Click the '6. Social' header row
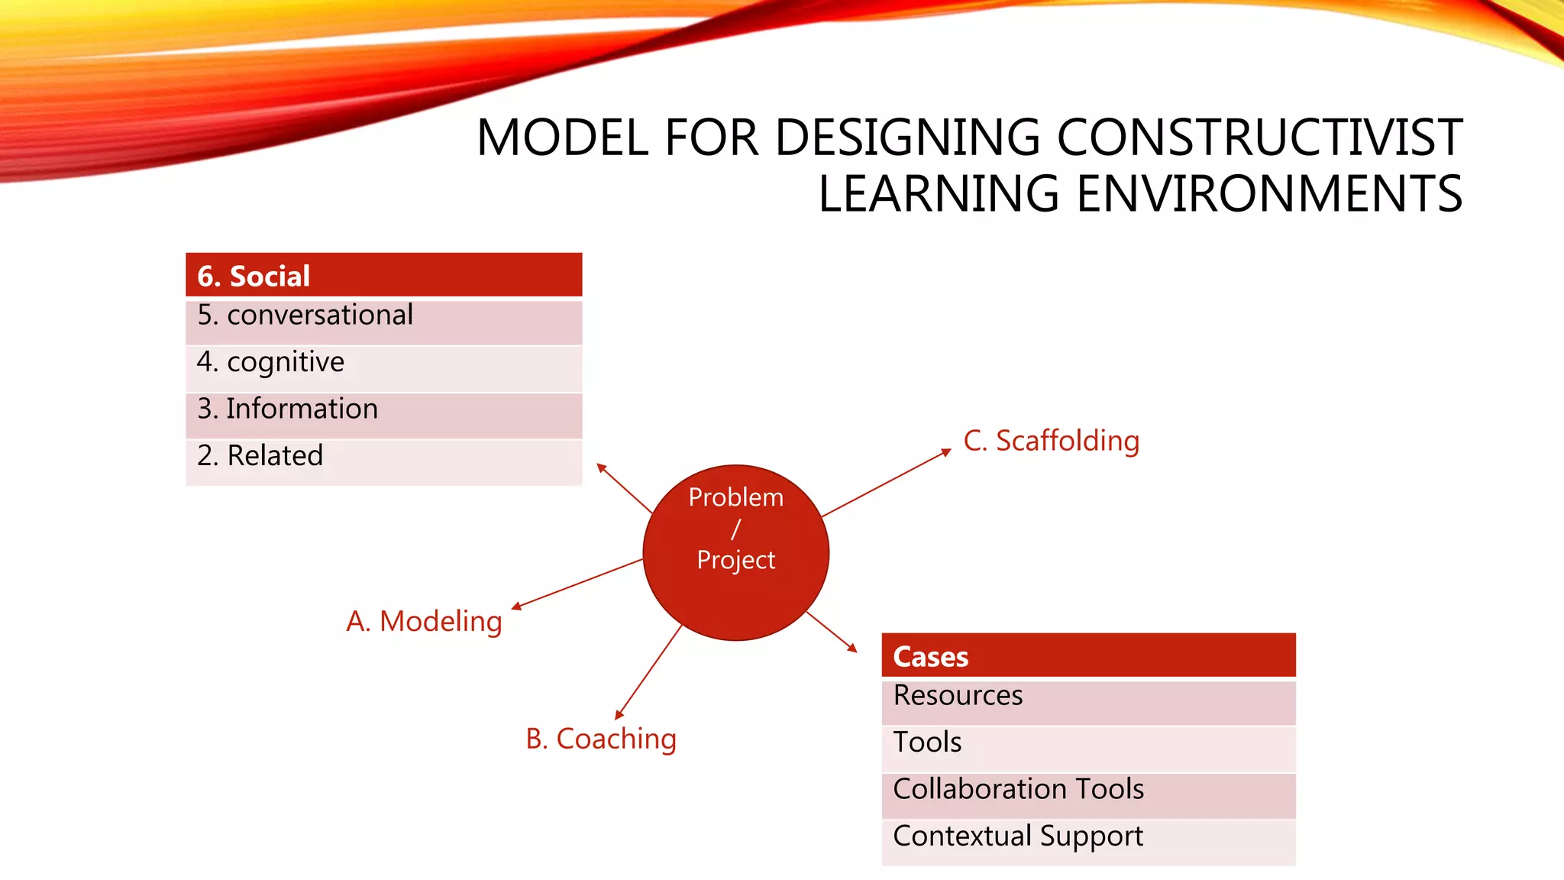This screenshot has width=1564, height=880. (x=383, y=275)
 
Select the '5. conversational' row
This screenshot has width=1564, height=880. (x=383, y=321)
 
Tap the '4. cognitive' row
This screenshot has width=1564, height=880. (x=383, y=367)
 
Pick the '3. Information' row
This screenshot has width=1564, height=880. (x=383, y=414)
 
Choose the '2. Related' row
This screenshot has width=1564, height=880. (x=383, y=461)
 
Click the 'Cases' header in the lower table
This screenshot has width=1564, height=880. (x=1088, y=655)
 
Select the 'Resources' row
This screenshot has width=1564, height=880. (x=1088, y=701)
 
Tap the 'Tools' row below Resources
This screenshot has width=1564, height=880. (x=1088, y=748)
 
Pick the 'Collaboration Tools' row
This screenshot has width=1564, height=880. (x=1088, y=794)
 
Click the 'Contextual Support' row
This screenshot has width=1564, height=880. (x=1088, y=841)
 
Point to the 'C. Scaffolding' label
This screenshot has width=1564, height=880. (x=1051, y=442)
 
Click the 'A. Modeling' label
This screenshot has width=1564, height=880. (x=424, y=622)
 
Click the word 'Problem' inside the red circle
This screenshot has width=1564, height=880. (x=735, y=497)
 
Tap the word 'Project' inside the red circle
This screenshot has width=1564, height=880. (x=735, y=560)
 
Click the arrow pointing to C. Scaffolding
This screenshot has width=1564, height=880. (x=886, y=484)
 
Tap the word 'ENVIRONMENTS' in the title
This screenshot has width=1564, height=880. (x=1269, y=194)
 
